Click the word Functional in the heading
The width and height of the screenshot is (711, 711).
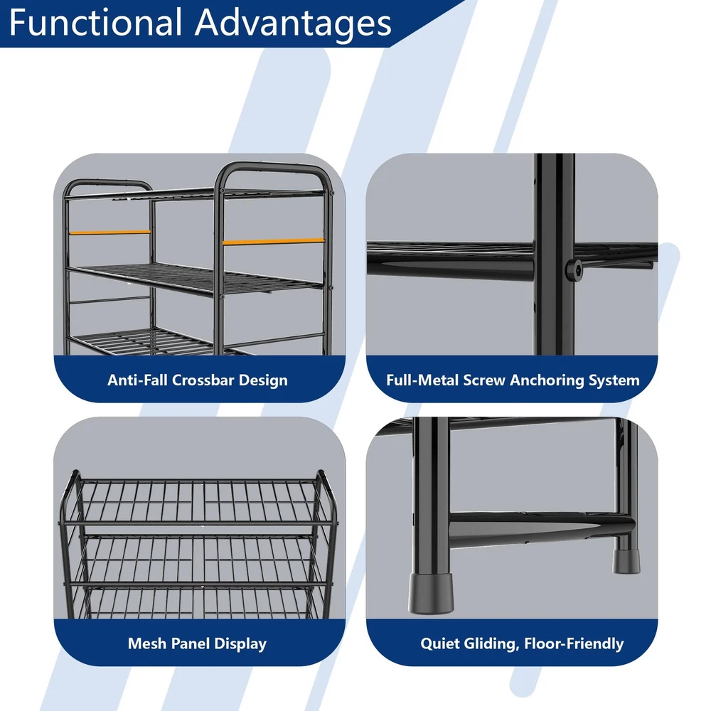pos(95,22)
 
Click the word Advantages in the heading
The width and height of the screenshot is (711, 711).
pos(293,23)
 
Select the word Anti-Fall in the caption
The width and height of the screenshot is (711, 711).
pos(137,380)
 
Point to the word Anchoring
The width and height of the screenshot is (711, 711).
pos(547,380)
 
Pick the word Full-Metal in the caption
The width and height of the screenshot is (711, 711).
pos(422,380)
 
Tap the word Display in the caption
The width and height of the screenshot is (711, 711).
pos(240,644)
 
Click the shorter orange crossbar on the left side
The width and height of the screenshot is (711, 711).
pos(109,232)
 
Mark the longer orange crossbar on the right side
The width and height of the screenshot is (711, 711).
pos(274,242)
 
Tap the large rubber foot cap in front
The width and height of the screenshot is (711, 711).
pos(430,594)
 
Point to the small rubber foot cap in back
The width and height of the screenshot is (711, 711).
pos(626,562)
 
